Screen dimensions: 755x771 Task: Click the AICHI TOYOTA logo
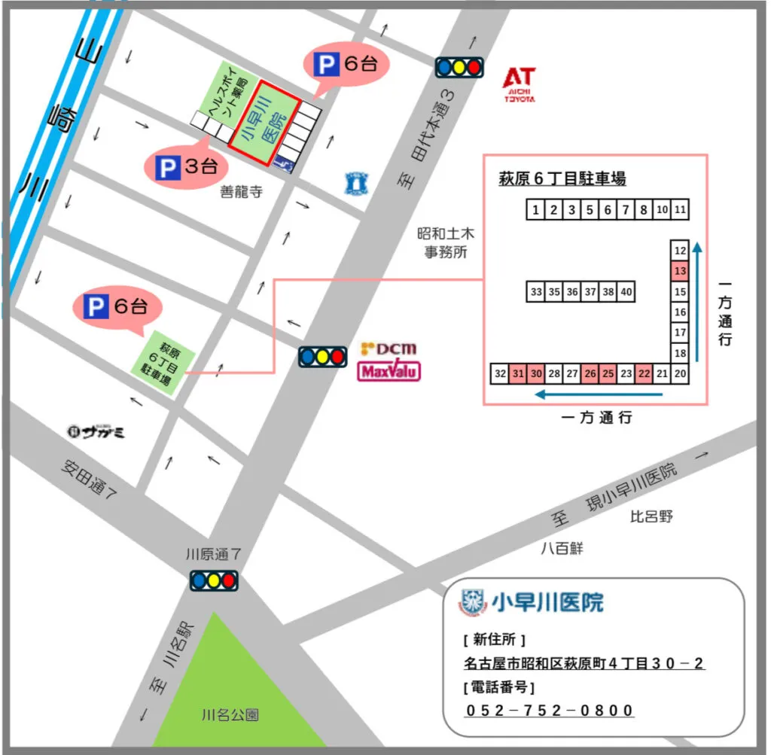coord(520,84)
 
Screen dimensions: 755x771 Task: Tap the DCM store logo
coord(389,349)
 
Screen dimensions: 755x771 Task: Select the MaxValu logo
coord(389,371)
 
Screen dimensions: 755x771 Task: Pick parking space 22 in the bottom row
coord(644,373)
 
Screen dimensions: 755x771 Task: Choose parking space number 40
coord(626,291)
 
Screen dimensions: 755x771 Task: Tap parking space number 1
coord(535,210)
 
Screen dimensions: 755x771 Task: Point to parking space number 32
coord(499,373)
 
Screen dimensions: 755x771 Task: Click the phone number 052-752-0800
coord(549,711)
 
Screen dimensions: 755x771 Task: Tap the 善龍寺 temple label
coord(241,193)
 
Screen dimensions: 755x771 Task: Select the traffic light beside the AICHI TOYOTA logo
coord(459,67)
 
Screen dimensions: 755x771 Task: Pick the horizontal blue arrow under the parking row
coord(599,394)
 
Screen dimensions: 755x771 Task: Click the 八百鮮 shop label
coord(562,549)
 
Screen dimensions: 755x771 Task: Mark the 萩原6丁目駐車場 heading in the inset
coord(562,179)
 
